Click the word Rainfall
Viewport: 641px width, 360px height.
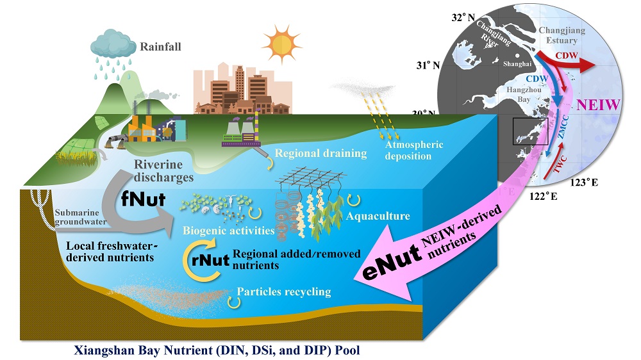162,47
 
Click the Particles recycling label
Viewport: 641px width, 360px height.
284,292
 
